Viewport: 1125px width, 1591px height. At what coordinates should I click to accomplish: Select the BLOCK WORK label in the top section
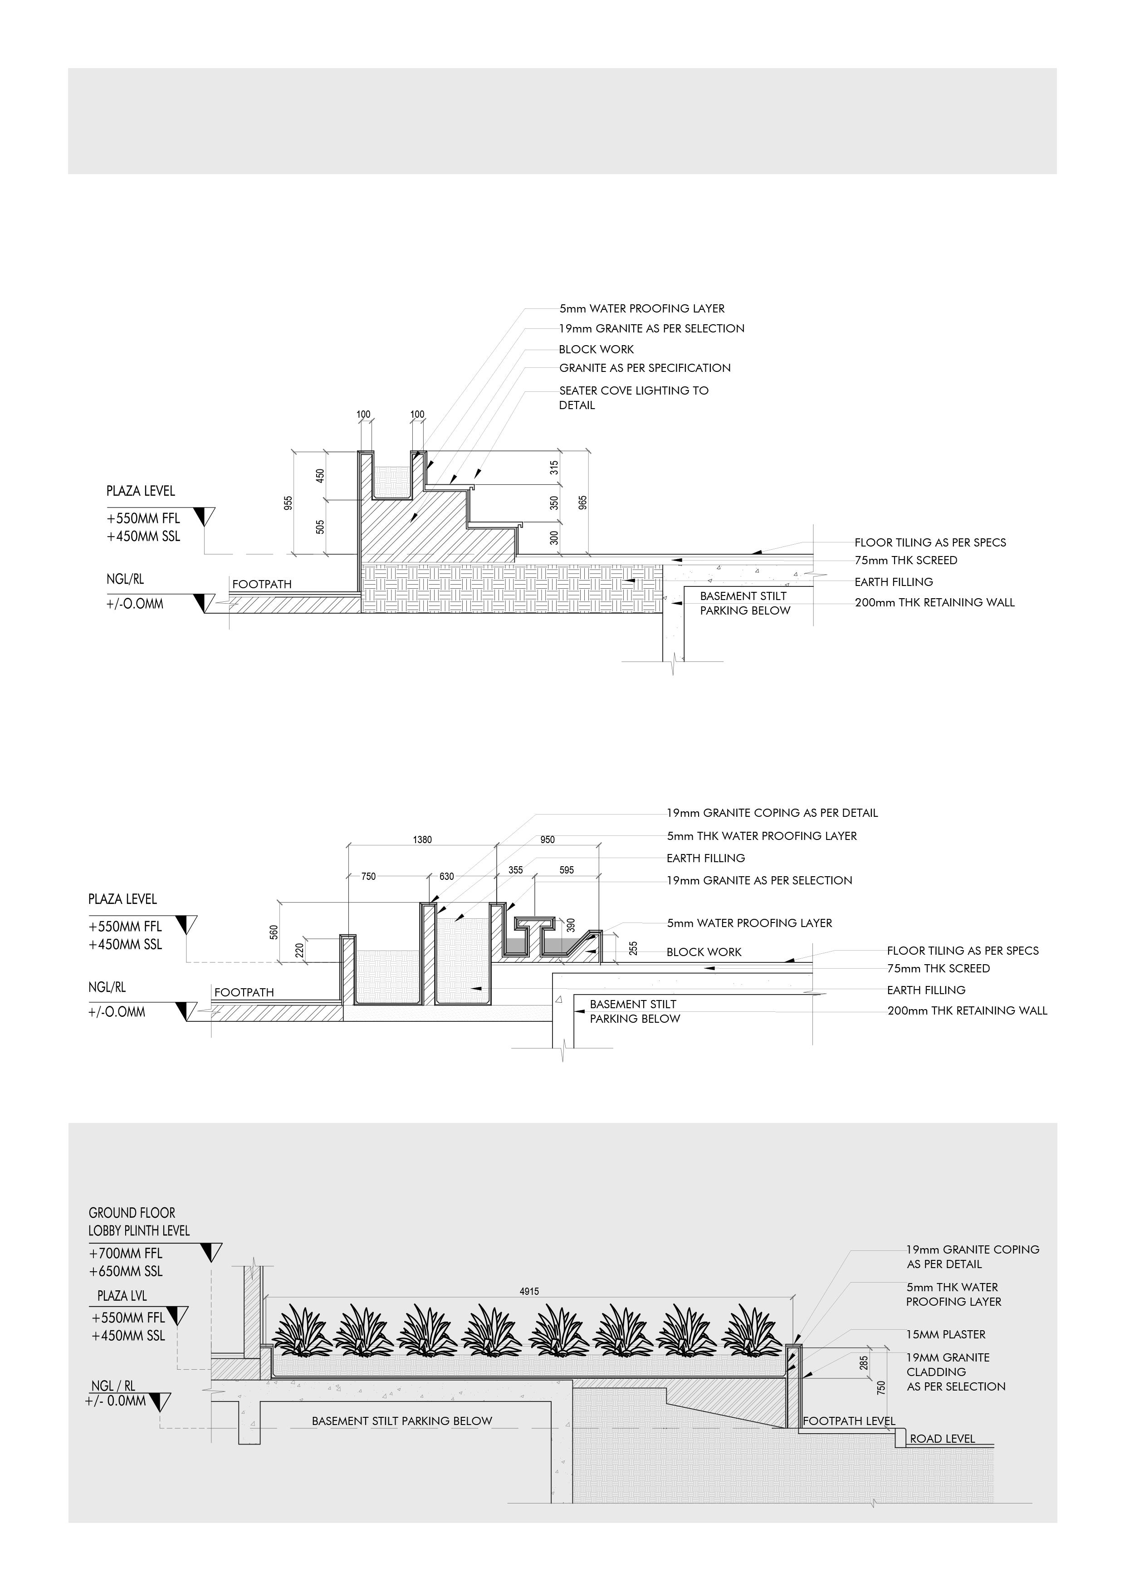596,349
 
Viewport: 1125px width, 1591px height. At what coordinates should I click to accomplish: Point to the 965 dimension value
582,503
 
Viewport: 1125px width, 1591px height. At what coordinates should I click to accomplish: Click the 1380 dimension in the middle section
422,840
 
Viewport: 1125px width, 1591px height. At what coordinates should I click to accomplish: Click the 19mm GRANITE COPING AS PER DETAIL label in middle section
772,813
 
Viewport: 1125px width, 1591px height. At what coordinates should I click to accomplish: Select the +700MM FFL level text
126,1253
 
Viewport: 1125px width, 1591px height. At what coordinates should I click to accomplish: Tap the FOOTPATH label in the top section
262,584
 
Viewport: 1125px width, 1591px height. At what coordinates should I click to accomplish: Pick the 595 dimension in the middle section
566,870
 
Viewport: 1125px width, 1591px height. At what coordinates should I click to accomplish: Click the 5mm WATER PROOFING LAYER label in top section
642,308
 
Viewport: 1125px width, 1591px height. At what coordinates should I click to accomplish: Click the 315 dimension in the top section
554,468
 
